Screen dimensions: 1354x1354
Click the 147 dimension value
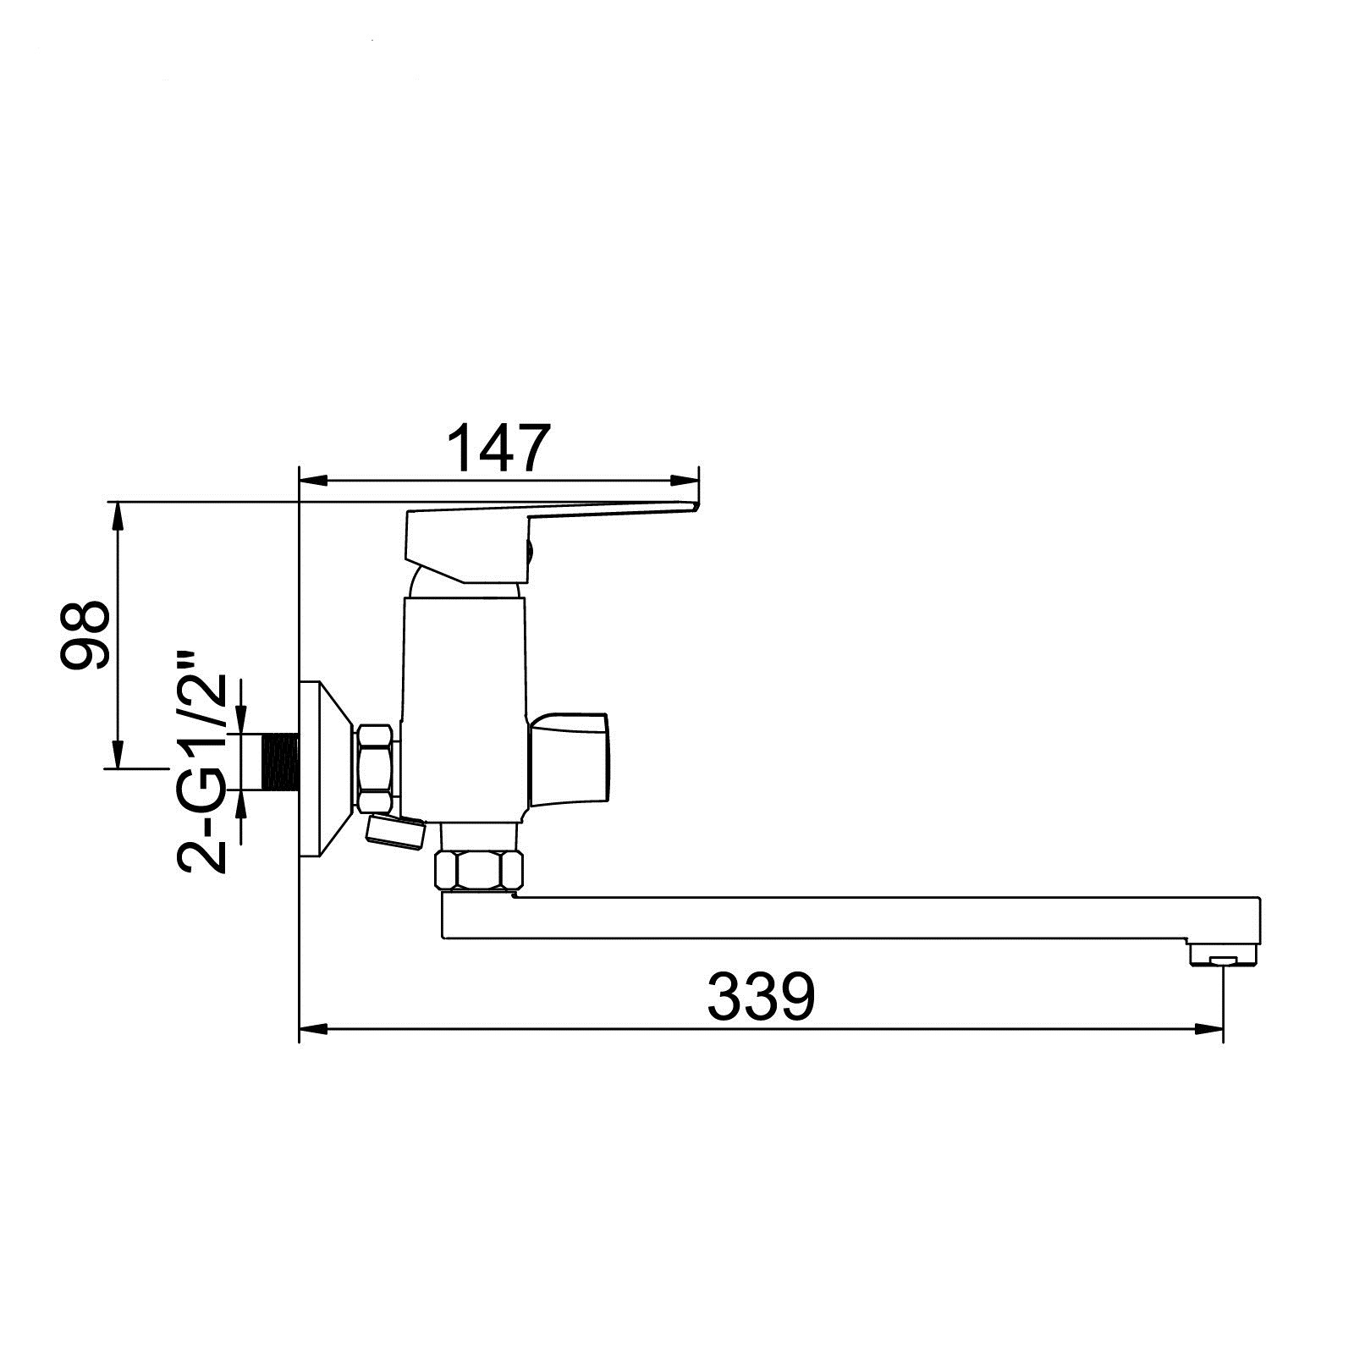click(x=498, y=448)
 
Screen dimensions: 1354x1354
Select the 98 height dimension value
click(x=85, y=635)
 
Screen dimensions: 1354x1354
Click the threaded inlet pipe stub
click(x=282, y=762)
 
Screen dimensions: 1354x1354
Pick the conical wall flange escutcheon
click(x=327, y=769)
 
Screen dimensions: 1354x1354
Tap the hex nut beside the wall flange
click(x=377, y=767)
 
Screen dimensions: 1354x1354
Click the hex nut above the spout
click(x=479, y=871)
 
